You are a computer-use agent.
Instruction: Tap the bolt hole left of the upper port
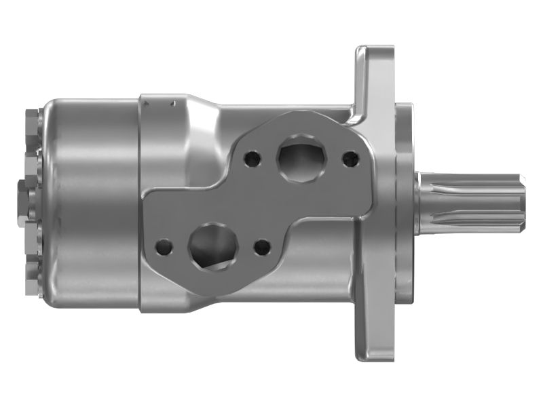pyautogui.click(x=252, y=157)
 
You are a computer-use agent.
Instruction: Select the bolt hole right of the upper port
pyautogui.click(x=350, y=159)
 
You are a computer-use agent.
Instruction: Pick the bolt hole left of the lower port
pyautogui.click(x=163, y=246)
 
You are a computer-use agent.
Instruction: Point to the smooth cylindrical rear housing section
pyautogui.click(x=92, y=203)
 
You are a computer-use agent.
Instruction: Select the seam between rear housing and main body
pyautogui.click(x=140, y=203)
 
